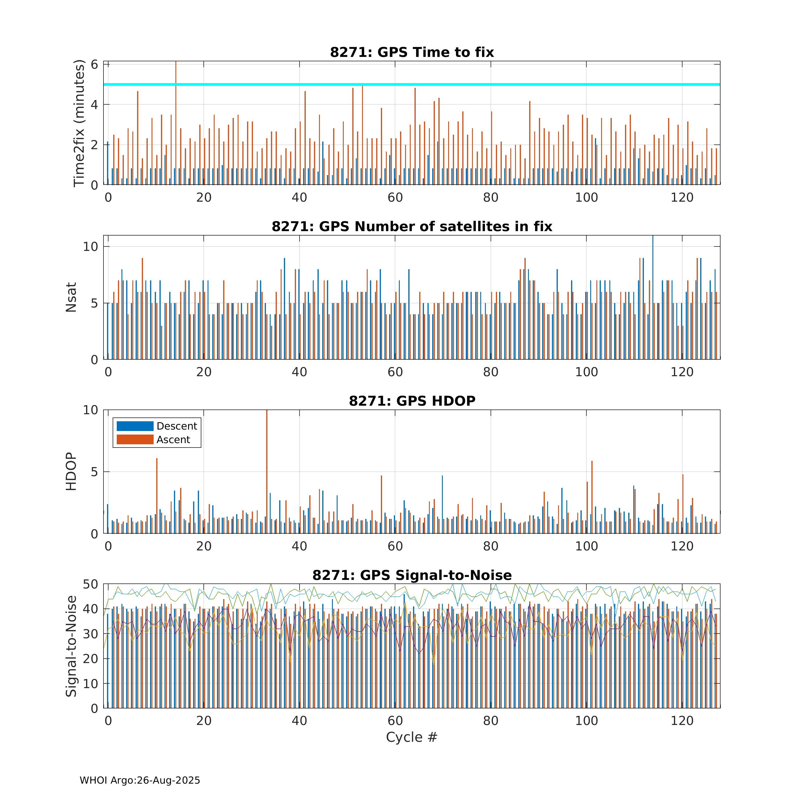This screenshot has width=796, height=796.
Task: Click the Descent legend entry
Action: coord(157,426)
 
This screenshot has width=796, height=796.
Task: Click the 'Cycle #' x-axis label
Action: coord(412,737)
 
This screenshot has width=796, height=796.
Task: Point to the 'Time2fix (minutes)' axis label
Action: coord(79,123)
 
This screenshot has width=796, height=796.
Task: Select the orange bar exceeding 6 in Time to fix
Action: coord(176,124)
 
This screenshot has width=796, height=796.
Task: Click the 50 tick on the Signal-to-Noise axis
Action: coord(90,584)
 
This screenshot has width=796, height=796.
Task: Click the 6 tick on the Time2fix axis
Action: coord(94,65)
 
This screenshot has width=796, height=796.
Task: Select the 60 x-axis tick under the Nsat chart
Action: coord(395,372)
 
